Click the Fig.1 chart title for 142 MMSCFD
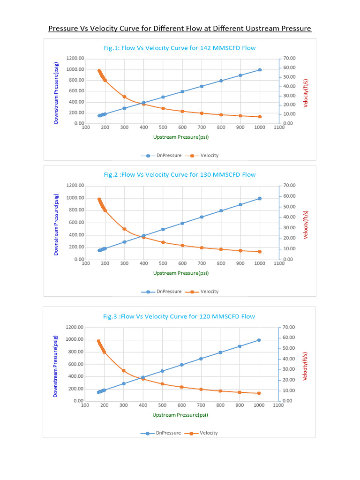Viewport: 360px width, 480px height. pyautogui.click(x=180, y=48)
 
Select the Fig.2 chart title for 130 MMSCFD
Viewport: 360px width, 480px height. pyautogui.click(x=180, y=175)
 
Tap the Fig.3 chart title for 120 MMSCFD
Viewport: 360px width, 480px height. pyautogui.click(x=179, y=316)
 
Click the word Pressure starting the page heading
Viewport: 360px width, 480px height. pyautogui.click(x=63, y=29)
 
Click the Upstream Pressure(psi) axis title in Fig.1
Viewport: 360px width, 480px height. pyautogui.click(x=180, y=137)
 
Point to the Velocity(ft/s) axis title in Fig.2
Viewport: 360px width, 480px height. pyautogui.click(x=306, y=225)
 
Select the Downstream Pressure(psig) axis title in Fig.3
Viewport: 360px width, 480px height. pyautogui.click(x=55, y=366)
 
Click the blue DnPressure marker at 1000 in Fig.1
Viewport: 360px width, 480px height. pyautogui.click(x=260, y=70)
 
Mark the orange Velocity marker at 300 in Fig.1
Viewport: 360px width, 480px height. pyautogui.click(x=124, y=97)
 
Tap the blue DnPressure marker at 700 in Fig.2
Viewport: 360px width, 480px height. pyautogui.click(x=202, y=217)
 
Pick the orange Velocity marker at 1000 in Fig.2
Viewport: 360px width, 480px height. pyautogui.click(x=260, y=252)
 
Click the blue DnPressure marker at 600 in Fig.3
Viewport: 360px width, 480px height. pyautogui.click(x=181, y=365)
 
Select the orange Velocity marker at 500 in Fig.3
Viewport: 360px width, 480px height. pyautogui.click(x=162, y=384)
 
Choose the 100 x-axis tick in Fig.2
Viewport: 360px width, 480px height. pyautogui.click(x=86, y=264)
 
